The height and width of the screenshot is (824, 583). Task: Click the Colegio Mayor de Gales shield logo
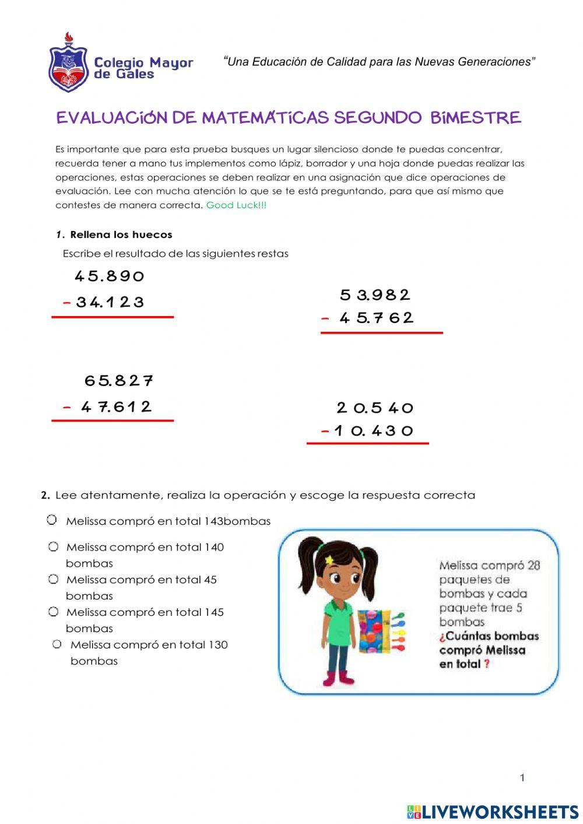pyautogui.click(x=68, y=63)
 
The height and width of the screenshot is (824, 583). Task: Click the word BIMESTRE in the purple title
pyautogui.click(x=475, y=118)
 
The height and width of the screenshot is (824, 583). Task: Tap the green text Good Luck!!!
pyautogui.click(x=236, y=205)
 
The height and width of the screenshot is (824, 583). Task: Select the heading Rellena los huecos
pyautogui.click(x=121, y=235)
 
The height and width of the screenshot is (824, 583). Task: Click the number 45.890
pyautogui.click(x=109, y=276)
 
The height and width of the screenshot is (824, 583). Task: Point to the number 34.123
pyautogui.click(x=110, y=302)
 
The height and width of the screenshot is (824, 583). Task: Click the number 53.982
pyautogui.click(x=375, y=295)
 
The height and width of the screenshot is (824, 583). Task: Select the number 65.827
pyautogui.click(x=119, y=381)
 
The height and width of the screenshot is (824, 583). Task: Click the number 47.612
pyautogui.click(x=116, y=406)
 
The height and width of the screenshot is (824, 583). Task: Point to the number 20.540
pyautogui.click(x=375, y=408)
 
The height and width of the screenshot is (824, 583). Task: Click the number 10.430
pyautogui.click(x=374, y=431)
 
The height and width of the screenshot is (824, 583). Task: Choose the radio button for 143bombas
pyautogui.click(x=52, y=520)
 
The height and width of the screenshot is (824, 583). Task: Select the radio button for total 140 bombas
pyautogui.click(x=54, y=547)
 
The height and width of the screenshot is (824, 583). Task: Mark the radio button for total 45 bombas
pyautogui.click(x=54, y=579)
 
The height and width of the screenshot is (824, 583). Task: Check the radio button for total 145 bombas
pyautogui.click(x=54, y=612)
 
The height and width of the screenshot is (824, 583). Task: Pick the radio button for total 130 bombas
pyautogui.click(x=57, y=644)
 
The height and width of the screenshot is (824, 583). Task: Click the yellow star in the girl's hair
pyautogui.click(x=329, y=560)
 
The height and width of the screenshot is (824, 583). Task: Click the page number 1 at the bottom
pyautogui.click(x=522, y=777)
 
